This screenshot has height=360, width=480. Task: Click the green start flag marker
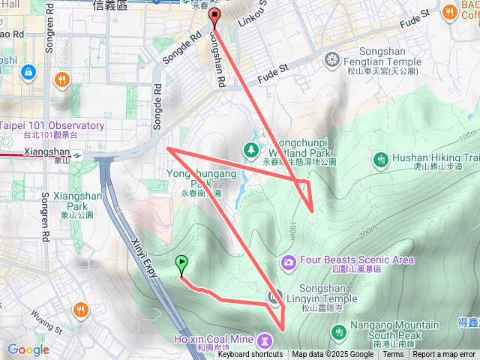coord(181,264)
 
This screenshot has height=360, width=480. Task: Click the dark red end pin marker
coord(215,16)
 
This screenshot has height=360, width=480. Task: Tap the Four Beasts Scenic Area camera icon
coord(288,262)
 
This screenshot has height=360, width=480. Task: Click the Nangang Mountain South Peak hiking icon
coord(339,331)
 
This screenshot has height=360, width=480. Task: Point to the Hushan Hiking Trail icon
coord(380,159)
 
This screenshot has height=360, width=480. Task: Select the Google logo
coord(28,349)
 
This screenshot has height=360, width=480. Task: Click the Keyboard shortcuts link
coord(250,355)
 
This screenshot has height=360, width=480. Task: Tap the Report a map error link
coord(445,355)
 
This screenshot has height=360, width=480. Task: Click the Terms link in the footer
coord(393,355)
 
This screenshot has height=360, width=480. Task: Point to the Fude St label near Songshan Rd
coord(273,71)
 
